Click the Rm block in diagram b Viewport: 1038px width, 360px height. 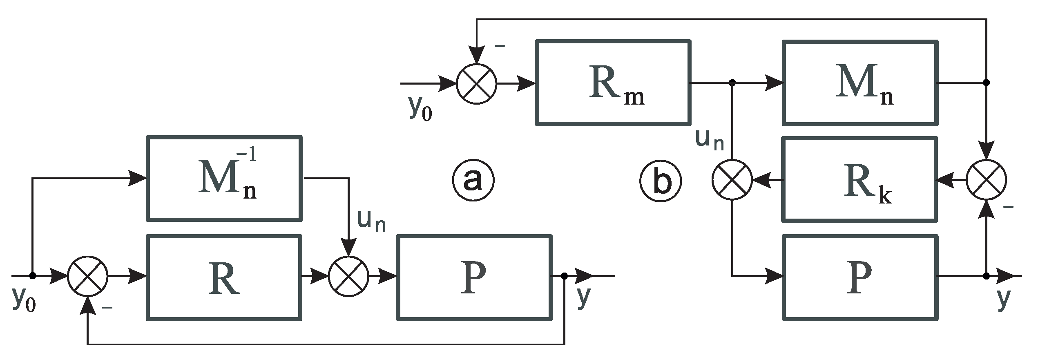[613, 83]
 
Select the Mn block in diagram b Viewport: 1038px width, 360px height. [859, 83]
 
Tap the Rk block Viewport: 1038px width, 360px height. [859, 180]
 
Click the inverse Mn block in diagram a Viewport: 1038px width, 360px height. [224, 179]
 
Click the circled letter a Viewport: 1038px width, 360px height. [473, 180]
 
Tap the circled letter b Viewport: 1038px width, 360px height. [661, 181]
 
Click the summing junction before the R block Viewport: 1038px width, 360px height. [87, 277]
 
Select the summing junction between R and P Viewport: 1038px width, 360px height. [348, 277]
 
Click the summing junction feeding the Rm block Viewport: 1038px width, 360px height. [476, 83]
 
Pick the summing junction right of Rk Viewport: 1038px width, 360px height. [986, 180]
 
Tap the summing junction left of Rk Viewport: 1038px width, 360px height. [732, 180]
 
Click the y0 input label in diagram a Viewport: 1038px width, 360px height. [24, 300]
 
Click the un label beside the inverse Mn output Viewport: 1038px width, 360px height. [371, 221]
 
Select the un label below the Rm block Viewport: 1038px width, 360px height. [710, 140]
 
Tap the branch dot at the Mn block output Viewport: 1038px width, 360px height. [986, 83]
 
